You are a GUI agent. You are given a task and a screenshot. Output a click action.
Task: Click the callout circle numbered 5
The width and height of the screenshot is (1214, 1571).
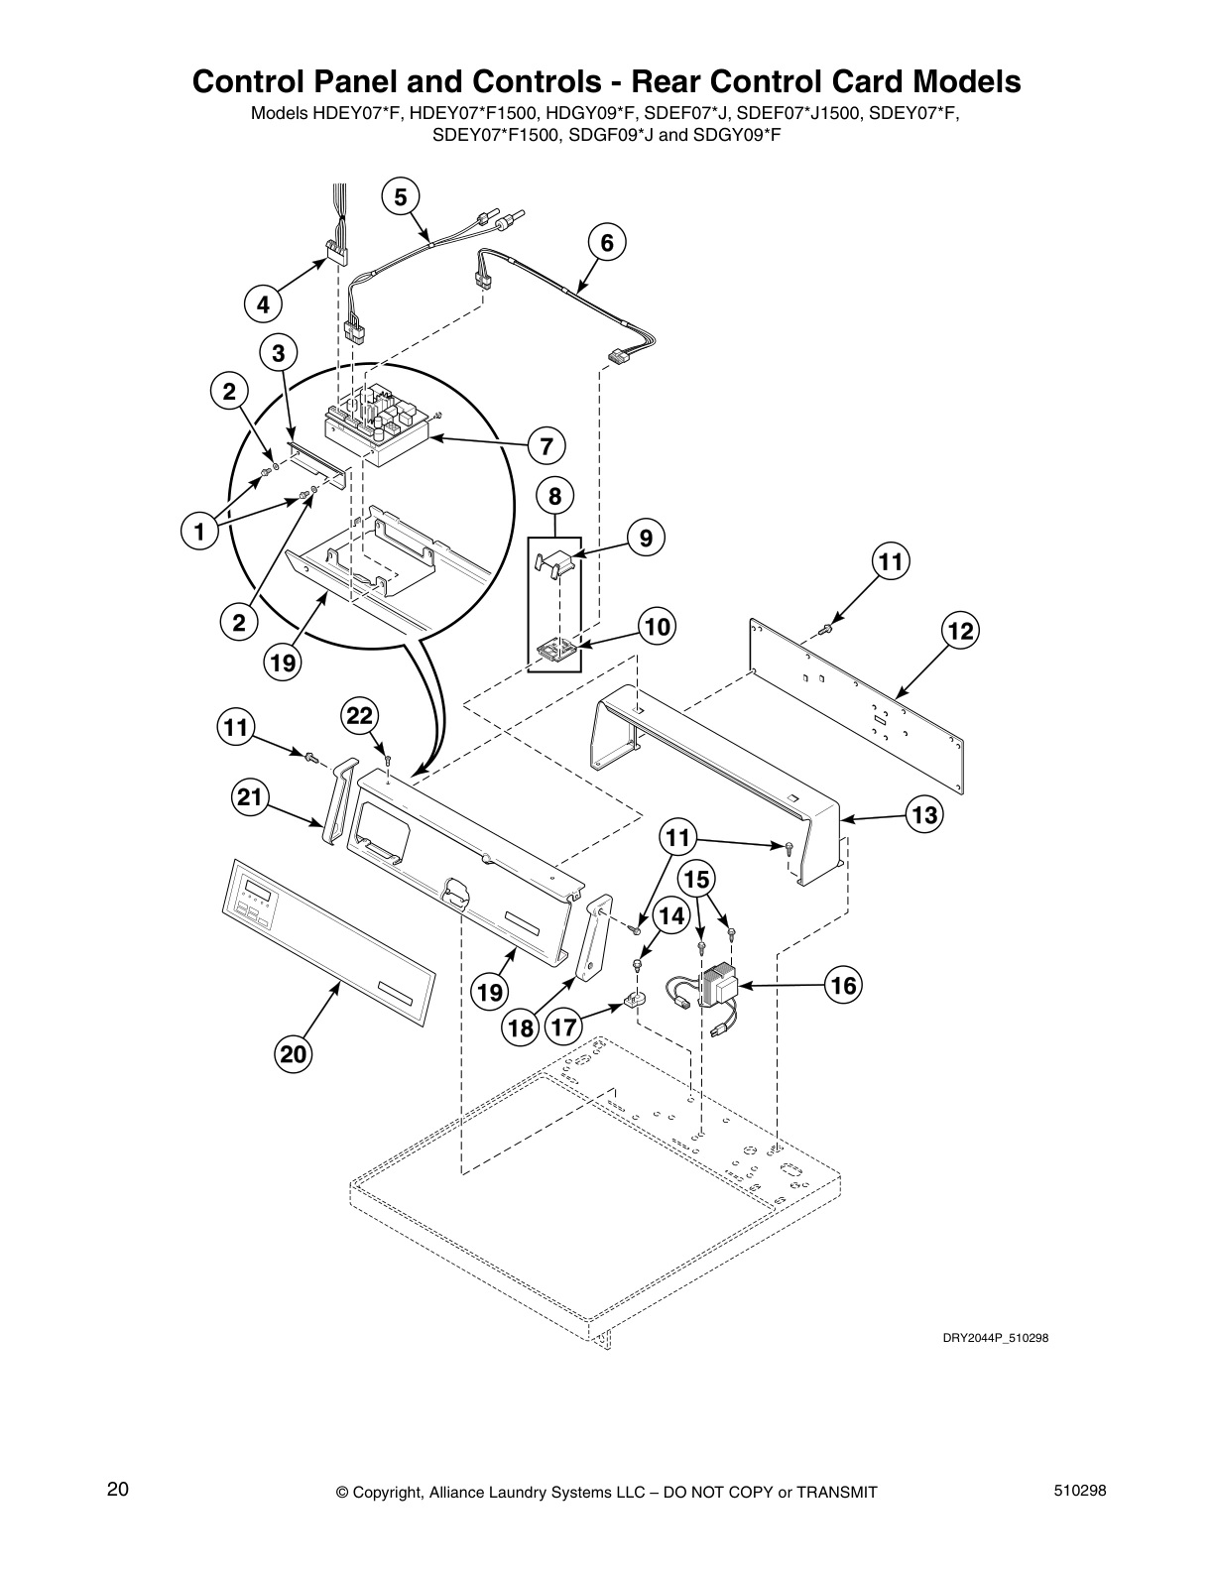(400, 197)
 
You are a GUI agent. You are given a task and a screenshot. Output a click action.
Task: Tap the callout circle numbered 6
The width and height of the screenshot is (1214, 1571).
(607, 243)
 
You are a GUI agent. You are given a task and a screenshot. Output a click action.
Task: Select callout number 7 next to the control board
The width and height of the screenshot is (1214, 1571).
(546, 447)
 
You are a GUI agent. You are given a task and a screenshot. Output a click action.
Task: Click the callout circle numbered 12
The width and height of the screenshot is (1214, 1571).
(959, 631)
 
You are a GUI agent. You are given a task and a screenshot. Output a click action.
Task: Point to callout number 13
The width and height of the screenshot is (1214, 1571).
(924, 815)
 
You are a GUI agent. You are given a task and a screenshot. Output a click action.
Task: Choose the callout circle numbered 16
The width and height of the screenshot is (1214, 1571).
(844, 986)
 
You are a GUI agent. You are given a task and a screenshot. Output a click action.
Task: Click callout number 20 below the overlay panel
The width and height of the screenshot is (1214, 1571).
(294, 1055)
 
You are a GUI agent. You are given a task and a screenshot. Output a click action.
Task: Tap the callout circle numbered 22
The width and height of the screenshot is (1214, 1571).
(361, 716)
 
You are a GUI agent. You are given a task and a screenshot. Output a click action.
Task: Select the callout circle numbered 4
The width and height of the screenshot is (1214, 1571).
(263, 305)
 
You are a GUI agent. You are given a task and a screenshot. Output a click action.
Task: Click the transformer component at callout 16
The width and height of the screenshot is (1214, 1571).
(718, 985)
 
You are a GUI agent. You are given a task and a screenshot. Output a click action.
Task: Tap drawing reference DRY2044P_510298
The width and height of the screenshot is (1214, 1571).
(995, 1338)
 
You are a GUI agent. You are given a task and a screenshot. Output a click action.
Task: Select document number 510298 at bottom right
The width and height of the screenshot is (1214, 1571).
(1079, 1491)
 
